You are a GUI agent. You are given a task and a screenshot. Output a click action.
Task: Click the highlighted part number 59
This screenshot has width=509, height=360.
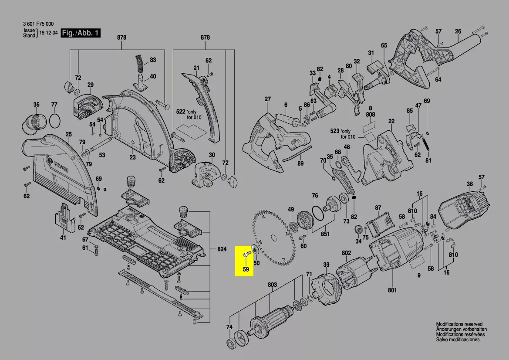tap(246, 269)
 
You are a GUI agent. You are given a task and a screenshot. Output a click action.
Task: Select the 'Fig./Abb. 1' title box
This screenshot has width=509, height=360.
tap(81, 34)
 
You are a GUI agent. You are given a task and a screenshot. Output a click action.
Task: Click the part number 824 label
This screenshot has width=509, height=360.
tap(222, 249)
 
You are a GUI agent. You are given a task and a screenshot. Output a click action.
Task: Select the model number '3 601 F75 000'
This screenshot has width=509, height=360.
tap(38, 24)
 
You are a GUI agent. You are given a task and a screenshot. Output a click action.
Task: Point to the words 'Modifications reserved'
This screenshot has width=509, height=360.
tap(459, 324)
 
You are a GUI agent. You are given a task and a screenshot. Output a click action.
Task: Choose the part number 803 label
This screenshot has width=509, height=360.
tap(272, 285)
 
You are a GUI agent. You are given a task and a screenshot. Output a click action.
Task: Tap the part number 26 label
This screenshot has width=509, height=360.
tap(458, 31)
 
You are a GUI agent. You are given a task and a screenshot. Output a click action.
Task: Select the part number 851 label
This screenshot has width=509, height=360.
tap(325, 234)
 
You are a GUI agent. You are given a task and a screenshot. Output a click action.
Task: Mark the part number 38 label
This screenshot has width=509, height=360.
tap(469, 183)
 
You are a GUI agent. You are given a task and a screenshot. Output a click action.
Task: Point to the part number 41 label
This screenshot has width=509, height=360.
tap(63, 238)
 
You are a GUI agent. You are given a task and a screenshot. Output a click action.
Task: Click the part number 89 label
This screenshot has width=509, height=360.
tap(300, 163)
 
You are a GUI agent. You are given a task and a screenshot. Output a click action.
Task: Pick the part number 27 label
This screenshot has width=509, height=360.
tap(267, 99)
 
